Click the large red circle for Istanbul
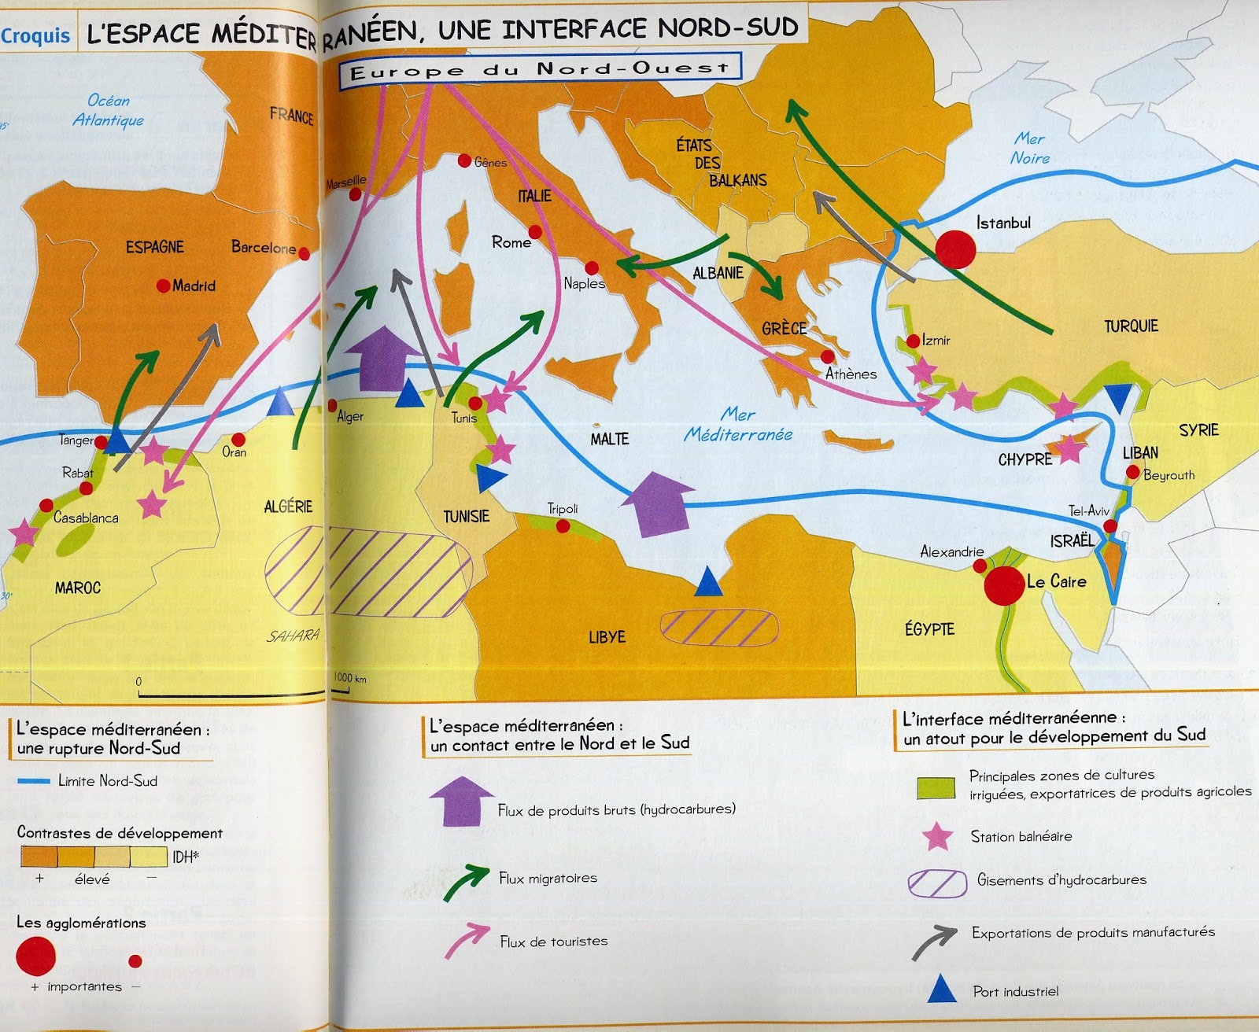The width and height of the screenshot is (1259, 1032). pos(955,249)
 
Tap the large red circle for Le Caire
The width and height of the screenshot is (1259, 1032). pos(1004,585)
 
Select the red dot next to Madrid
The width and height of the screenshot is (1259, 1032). pos(164,286)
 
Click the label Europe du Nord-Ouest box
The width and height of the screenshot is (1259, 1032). pos(540,69)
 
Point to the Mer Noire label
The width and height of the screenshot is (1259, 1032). pos(1029,149)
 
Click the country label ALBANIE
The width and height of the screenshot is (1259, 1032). pos(718,274)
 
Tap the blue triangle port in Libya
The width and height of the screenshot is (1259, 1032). pos(708,581)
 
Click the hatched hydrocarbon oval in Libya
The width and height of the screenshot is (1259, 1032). pos(719,627)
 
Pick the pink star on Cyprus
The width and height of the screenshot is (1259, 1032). pos(1070,450)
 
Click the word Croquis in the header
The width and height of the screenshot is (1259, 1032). pos(36,35)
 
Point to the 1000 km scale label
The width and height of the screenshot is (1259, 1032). pos(349,678)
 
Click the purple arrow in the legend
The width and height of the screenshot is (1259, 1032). pos(461,800)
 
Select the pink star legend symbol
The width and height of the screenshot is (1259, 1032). pos(937,836)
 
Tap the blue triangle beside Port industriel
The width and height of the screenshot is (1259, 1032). pos(942,989)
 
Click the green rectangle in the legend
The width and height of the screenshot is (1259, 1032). pos(936,787)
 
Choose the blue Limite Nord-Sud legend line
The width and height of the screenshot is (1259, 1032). pos(34,781)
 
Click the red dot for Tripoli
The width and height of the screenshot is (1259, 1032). pos(563,525)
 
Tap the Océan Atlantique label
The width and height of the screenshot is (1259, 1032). pos(109,110)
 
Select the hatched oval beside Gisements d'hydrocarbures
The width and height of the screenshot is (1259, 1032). pos(937,883)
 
